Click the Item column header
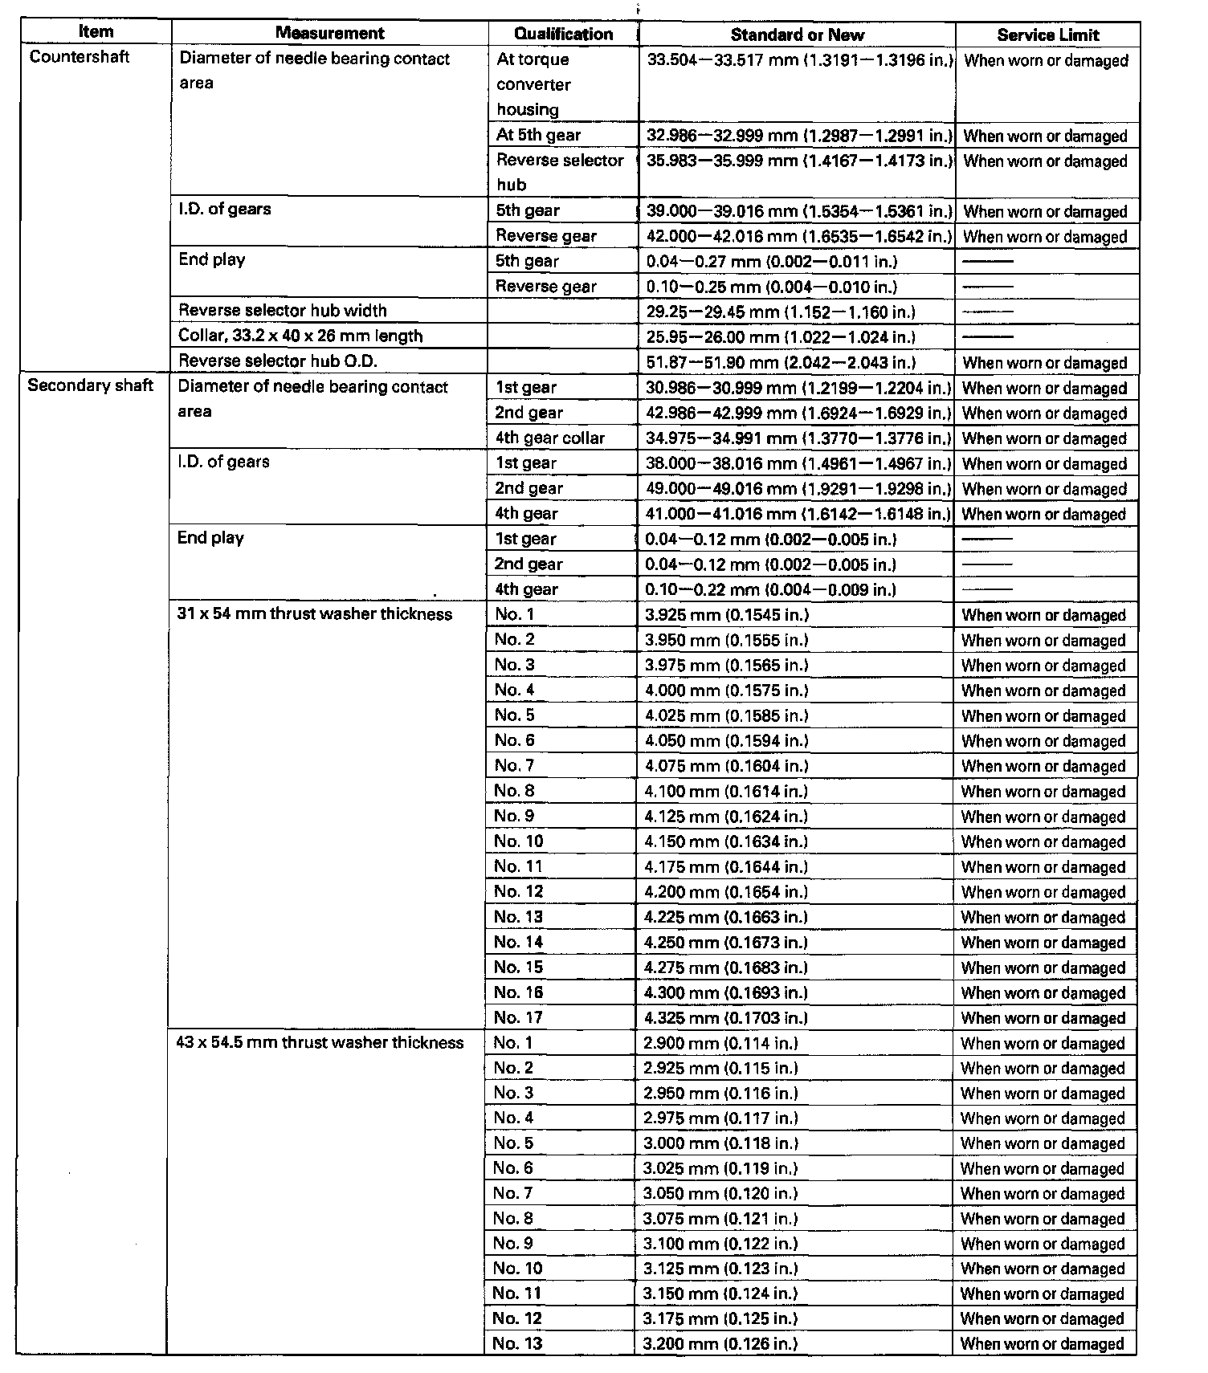(x=96, y=32)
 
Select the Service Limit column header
(x=1047, y=35)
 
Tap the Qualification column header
(x=563, y=34)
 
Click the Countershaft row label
(x=79, y=57)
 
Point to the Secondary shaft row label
(x=90, y=385)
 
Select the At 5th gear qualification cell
(x=538, y=135)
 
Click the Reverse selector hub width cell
(x=283, y=311)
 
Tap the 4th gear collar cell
(x=549, y=438)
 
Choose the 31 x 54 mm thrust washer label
(x=314, y=614)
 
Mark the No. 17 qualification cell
(x=518, y=1017)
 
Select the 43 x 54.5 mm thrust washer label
(x=320, y=1042)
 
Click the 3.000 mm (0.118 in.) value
(x=720, y=1143)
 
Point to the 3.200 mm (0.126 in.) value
(x=720, y=1343)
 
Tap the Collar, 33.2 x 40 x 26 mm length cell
(x=300, y=336)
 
